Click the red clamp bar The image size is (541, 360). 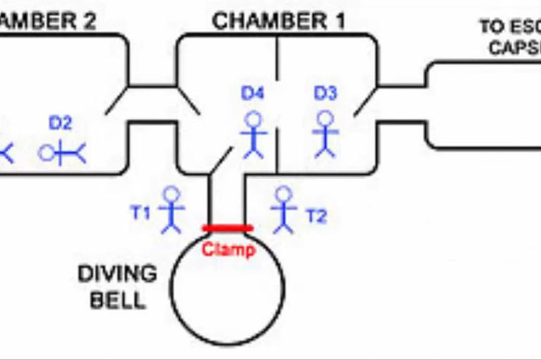pyautogui.click(x=227, y=228)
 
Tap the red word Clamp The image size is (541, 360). pyautogui.click(x=228, y=249)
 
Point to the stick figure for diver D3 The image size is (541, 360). pyautogui.click(x=325, y=133)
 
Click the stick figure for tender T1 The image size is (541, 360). pyautogui.click(x=171, y=209)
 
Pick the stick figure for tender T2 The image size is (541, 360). pyautogui.click(x=283, y=209)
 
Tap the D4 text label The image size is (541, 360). pyautogui.click(x=253, y=93)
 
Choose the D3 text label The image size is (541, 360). pyautogui.click(x=325, y=93)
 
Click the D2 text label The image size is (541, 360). pyautogui.click(x=60, y=123)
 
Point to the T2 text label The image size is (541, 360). pyautogui.click(x=316, y=216)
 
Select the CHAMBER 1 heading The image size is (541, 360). pyautogui.click(x=279, y=21)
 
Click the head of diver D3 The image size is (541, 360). pyautogui.click(x=325, y=118)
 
